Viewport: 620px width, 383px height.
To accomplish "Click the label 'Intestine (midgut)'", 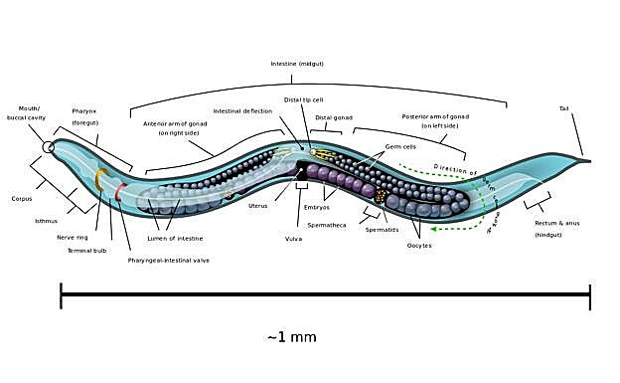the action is (x=297, y=64).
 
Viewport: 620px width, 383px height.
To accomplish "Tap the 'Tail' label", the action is (x=564, y=108).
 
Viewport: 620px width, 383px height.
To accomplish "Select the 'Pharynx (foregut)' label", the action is (x=84, y=116).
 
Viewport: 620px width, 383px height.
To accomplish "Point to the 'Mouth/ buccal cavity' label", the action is (x=29, y=112).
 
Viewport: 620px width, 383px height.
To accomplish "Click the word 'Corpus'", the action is (x=22, y=199).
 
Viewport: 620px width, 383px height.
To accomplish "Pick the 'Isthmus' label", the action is (x=47, y=221).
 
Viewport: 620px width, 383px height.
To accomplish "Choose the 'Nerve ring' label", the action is (x=72, y=238).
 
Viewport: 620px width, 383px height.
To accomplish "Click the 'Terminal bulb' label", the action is (x=87, y=251).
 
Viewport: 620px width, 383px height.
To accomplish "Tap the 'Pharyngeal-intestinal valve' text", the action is (x=169, y=261).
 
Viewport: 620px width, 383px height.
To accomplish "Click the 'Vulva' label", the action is (x=294, y=240).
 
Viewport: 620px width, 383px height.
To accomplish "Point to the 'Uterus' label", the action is (x=257, y=206).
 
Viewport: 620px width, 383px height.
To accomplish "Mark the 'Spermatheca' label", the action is (x=327, y=226).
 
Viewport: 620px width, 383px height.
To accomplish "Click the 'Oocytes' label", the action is (x=419, y=245).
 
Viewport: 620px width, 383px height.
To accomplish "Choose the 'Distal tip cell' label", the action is (x=303, y=99).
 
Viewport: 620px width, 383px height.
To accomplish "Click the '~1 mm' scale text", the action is (x=292, y=337).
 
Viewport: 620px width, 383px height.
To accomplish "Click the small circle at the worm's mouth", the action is (x=48, y=148).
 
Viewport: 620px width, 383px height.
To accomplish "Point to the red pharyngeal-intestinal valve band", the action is (x=120, y=192).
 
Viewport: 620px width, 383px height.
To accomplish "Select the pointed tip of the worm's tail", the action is (x=589, y=160).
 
